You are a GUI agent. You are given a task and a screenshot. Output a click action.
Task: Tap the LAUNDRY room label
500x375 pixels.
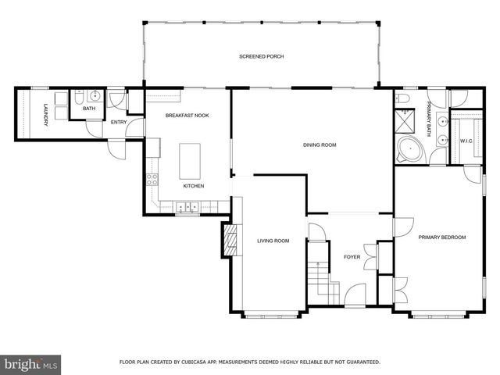click(45, 113)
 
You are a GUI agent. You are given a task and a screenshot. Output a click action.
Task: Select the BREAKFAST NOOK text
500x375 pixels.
click(187, 116)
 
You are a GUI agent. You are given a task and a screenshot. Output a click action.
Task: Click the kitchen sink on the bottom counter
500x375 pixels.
click(187, 208)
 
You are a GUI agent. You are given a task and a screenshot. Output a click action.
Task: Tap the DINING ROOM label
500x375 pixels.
click(320, 145)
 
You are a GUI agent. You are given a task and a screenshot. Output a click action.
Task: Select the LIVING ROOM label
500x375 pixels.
click(273, 241)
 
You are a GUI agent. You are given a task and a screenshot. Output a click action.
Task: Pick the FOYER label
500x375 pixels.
click(352, 255)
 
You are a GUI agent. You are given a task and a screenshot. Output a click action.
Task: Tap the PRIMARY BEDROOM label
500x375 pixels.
click(441, 237)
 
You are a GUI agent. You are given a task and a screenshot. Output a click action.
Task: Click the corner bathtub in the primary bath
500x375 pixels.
click(408, 150)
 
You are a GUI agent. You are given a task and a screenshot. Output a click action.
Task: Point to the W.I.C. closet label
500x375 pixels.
click(466, 141)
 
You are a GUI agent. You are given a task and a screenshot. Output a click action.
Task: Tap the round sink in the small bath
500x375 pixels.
click(95, 97)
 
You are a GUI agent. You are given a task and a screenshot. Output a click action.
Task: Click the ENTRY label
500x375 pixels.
click(119, 122)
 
